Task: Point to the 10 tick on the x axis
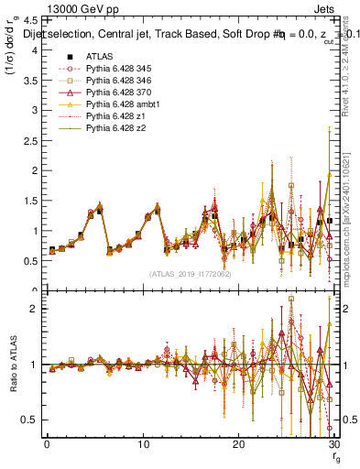click(x=143, y=443)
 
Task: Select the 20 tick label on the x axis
click(x=238, y=443)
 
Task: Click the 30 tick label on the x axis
click(x=333, y=443)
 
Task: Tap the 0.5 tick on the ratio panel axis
click(x=30, y=420)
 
